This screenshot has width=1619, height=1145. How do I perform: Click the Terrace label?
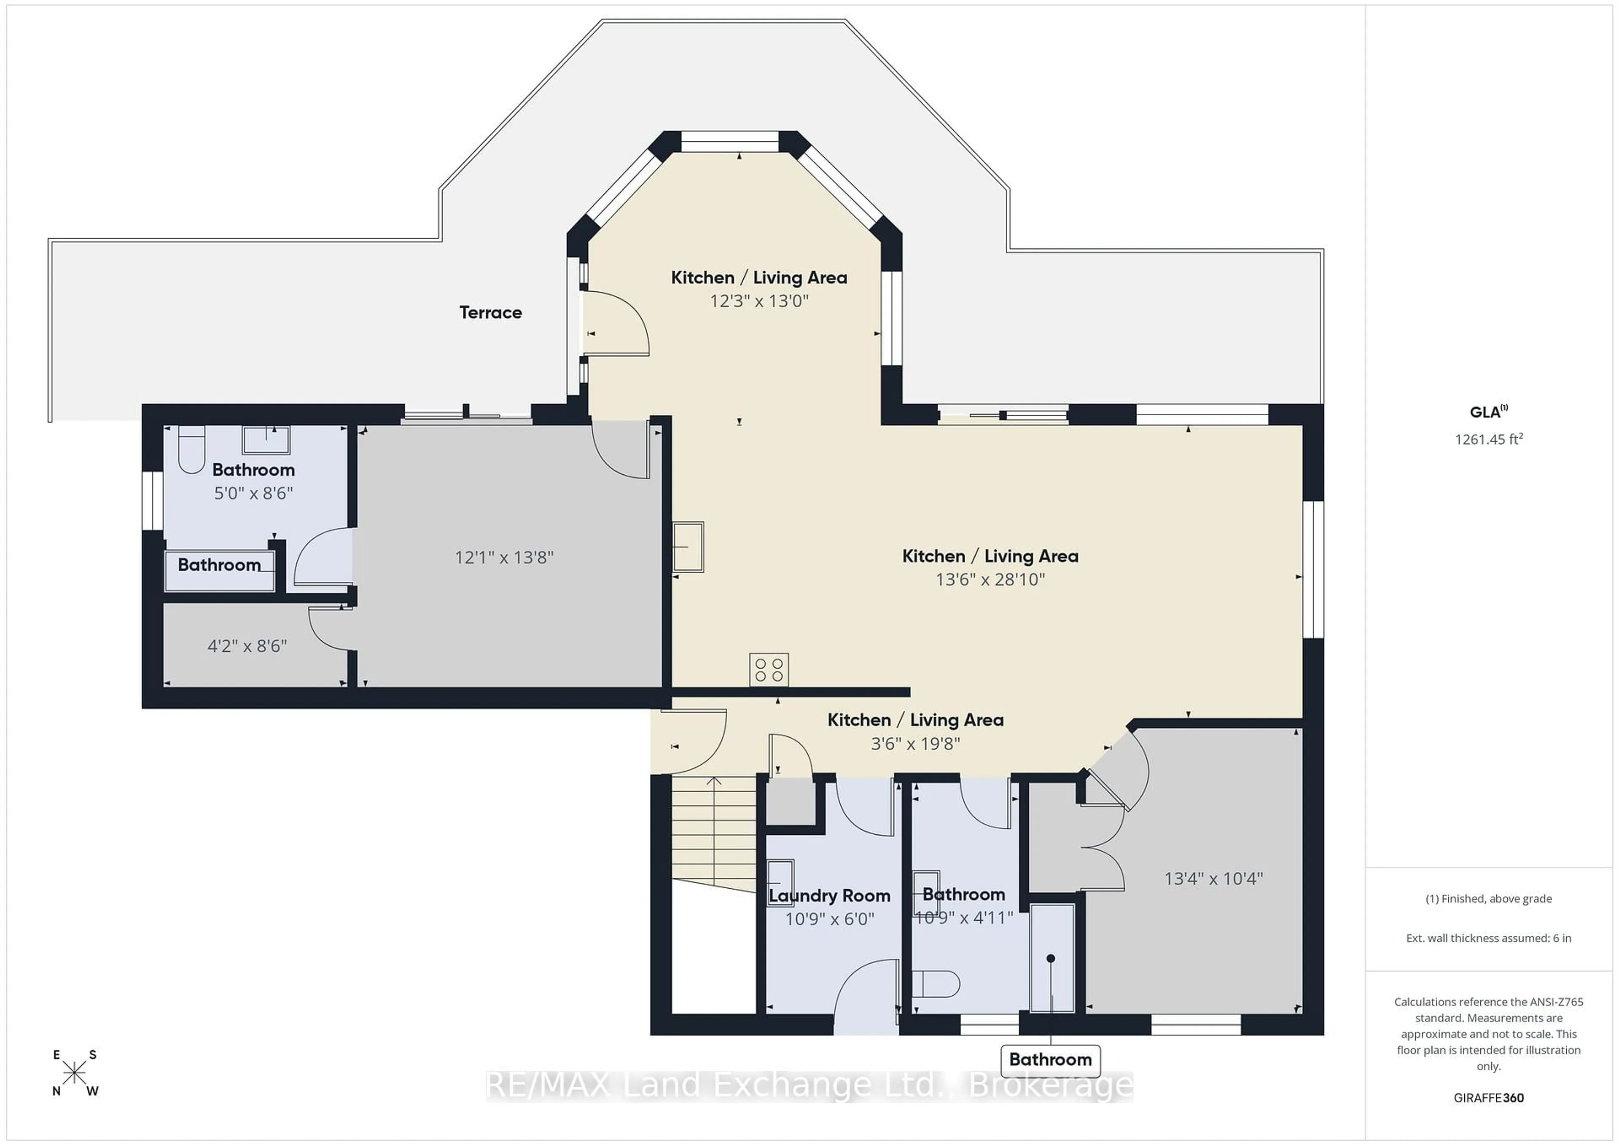pyautogui.click(x=491, y=312)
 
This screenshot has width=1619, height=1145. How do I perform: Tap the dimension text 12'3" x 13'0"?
pyautogui.click(x=759, y=301)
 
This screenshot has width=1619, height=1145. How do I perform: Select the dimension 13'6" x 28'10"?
pyautogui.click(x=990, y=580)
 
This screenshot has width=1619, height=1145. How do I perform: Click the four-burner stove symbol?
pyautogui.click(x=769, y=670)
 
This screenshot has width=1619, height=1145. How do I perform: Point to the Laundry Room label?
pyautogui.click(x=829, y=895)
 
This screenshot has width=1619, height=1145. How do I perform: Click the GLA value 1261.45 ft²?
pyautogui.click(x=1489, y=439)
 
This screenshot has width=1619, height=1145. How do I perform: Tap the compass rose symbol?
pyautogui.click(x=75, y=1073)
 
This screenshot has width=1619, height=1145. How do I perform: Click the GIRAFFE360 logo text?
pyautogui.click(x=1489, y=1098)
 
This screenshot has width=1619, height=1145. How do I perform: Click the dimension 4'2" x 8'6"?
pyautogui.click(x=247, y=646)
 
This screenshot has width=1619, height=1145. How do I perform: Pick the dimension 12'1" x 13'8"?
pyautogui.click(x=504, y=558)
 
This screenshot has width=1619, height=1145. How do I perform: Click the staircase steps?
pyautogui.click(x=714, y=832)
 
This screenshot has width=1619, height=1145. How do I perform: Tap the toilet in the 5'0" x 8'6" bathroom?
pyautogui.click(x=191, y=449)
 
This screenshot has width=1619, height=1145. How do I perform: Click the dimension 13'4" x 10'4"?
pyautogui.click(x=1213, y=879)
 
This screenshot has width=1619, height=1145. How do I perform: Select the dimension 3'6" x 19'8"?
pyautogui.click(x=915, y=743)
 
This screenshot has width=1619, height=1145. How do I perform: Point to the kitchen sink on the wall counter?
pyautogui.click(x=688, y=546)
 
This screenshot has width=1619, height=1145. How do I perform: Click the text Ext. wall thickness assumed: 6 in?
pyautogui.click(x=1489, y=938)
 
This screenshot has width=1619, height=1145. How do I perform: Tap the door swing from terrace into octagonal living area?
pyautogui.click(x=617, y=324)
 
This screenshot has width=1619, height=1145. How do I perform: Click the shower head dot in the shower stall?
pyautogui.click(x=1051, y=958)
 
